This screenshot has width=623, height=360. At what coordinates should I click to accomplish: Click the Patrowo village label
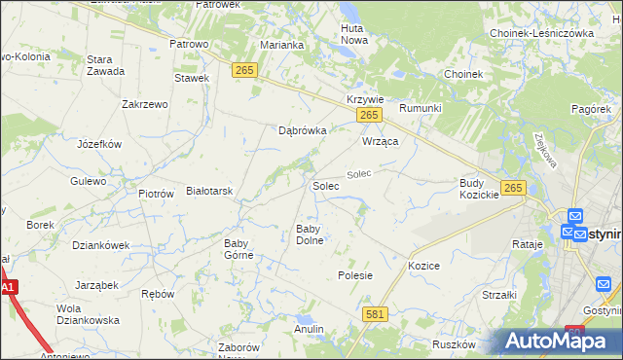[x=190, y=44]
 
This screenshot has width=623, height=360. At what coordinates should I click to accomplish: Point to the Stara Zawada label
[x=105, y=65]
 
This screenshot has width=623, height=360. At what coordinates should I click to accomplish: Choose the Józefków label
[x=98, y=144]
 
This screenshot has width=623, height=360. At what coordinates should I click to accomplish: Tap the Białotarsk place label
[x=209, y=191]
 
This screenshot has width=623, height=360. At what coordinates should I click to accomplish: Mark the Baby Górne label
[x=238, y=249]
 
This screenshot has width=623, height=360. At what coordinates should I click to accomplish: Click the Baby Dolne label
[x=310, y=234]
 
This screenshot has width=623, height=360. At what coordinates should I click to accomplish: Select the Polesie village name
[x=355, y=275]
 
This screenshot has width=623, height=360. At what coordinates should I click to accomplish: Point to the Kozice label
[x=424, y=266]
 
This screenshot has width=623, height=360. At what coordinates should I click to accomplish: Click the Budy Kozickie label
[x=479, y=189]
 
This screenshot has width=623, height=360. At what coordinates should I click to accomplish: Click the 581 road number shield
[x=375, y=314]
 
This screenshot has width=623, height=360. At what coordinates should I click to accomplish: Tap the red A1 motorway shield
[x=9, y=288]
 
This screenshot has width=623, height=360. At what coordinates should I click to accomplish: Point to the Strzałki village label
[x=499, y=294]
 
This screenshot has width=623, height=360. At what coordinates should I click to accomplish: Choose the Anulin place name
[x=309, y=329]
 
